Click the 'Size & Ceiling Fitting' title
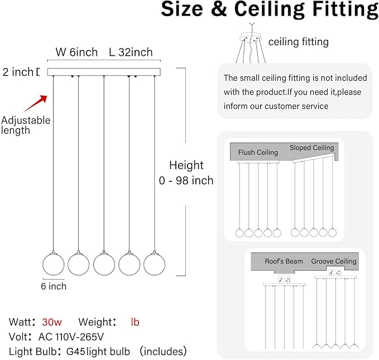270,11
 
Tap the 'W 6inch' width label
76,52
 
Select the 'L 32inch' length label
131,52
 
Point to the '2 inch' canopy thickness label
18,72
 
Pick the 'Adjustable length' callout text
26,125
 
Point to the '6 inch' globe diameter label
54,286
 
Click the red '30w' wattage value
52,322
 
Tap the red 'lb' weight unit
135,322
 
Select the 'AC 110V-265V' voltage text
71,337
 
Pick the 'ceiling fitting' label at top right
298,42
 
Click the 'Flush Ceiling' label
258,152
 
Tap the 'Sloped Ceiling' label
311,148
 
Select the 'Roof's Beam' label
284,261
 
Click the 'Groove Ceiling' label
334,261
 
